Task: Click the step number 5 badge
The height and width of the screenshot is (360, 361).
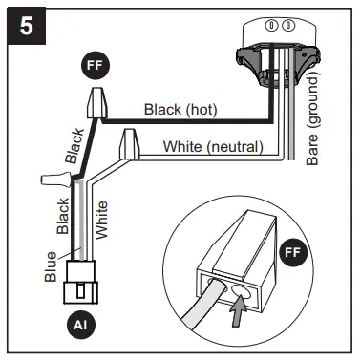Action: tap(27, 26)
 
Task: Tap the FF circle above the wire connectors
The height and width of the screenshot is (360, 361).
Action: tap(95, 65)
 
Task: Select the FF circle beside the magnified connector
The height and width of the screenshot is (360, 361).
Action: tap(293, 253)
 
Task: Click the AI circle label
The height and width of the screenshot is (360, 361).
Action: tap(80, 326)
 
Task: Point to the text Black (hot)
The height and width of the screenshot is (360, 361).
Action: tap(180, 110)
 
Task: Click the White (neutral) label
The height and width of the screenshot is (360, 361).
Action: tap(213, 147)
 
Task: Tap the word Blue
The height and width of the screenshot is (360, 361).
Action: tap(51, 266)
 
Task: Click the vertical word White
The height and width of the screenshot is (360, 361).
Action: tap(101, 220)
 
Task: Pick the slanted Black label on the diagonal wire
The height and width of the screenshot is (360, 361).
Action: tap(74, 146)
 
